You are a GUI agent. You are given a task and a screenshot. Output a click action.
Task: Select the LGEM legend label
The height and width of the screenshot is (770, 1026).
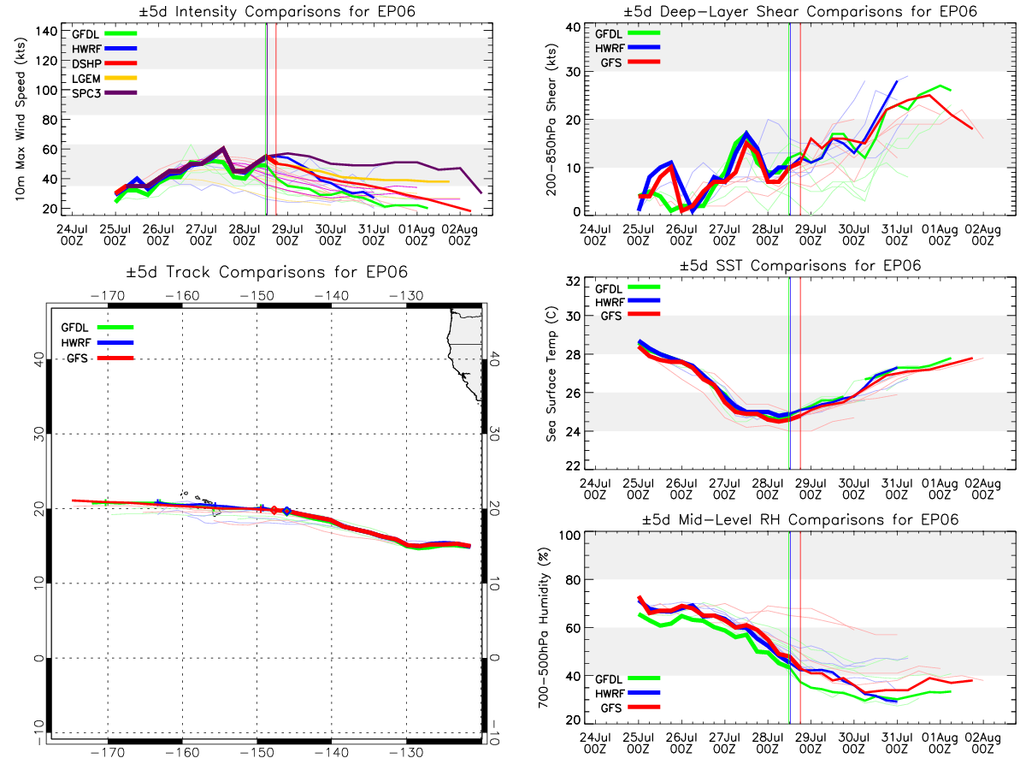pos(86,79)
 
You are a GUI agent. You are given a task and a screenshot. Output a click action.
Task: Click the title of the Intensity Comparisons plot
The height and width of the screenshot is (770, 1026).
pos(277,11)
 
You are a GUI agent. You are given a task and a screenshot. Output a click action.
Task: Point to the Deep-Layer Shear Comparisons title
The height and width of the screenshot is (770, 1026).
pos(799,11)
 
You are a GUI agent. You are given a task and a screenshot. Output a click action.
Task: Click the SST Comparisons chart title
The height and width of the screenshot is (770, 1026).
pos(799,265)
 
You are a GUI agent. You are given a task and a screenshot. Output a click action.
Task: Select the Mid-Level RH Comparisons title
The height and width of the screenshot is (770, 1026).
pos(799,519)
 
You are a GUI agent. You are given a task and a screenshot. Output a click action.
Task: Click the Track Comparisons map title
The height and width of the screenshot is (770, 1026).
pos(267,271)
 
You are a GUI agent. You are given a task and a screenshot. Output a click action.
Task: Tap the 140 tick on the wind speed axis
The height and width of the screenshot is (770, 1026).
pos(46,32)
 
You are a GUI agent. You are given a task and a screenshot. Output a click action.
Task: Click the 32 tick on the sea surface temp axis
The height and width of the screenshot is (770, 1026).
pos(573,281)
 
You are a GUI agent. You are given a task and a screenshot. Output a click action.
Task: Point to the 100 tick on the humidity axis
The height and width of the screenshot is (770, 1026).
pos(569,535)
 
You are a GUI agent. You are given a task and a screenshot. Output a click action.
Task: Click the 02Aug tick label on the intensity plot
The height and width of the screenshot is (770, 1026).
pos(459,234)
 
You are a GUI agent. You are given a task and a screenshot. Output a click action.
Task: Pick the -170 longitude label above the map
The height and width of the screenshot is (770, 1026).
pos(108,296)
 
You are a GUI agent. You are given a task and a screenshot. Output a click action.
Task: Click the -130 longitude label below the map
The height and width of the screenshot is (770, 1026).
pos(406,753)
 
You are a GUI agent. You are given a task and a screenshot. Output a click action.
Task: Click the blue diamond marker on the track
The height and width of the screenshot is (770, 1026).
pos(287,511)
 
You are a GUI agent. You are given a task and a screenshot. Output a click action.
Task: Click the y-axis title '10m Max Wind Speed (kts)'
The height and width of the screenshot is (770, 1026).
pos(20,119)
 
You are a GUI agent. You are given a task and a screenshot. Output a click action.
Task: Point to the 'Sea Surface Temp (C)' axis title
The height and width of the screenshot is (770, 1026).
pos(551,374)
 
